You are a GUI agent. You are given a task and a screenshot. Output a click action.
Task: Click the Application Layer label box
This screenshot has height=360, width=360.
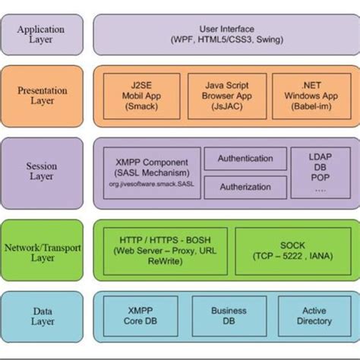tap(40, 35)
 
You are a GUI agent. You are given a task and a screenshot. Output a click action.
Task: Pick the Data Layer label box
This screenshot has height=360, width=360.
tap(40, 316)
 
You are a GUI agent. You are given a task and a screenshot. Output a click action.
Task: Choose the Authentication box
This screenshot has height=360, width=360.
tap(245, 159)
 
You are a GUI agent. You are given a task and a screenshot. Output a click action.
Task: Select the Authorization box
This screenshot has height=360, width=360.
tap(245, 187)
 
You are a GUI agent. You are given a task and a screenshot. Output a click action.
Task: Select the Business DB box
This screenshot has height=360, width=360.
tap(229, 316)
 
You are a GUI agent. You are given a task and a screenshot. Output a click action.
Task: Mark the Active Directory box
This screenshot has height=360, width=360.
tap(314, 316)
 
